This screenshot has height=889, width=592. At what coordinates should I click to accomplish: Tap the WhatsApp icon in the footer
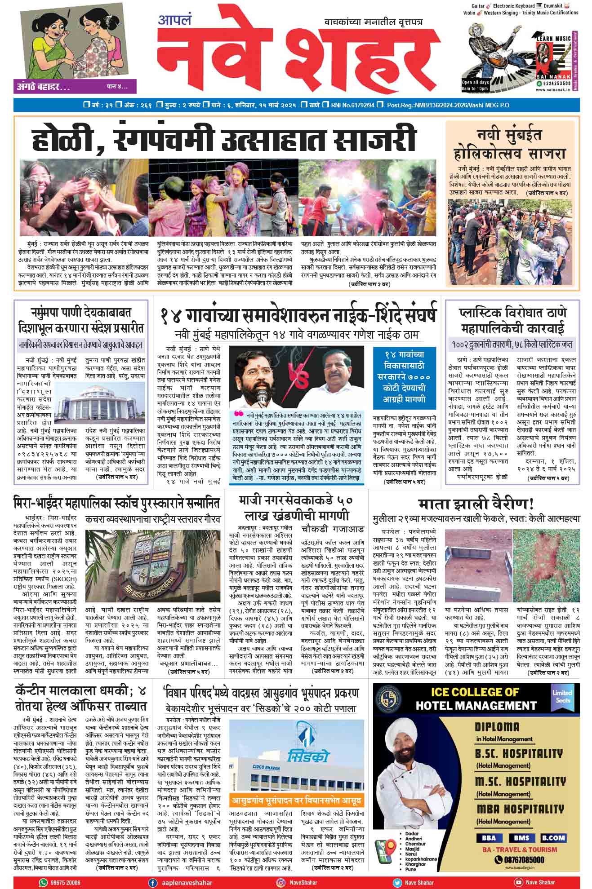coord(43,882)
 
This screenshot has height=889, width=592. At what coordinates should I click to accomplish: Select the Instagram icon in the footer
coord(281,882)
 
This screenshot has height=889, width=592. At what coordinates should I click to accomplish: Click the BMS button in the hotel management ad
coord(519,838)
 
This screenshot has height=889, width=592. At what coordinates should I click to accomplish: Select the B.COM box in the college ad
coord(553,838)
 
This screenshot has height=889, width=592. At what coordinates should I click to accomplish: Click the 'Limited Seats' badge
coord(562,697)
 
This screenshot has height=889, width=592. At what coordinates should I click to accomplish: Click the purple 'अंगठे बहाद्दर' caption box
coord(75,86)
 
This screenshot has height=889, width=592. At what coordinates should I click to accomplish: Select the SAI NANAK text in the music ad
coord(552,77)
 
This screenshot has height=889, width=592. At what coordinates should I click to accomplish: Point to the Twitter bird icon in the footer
coord(397,882)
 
